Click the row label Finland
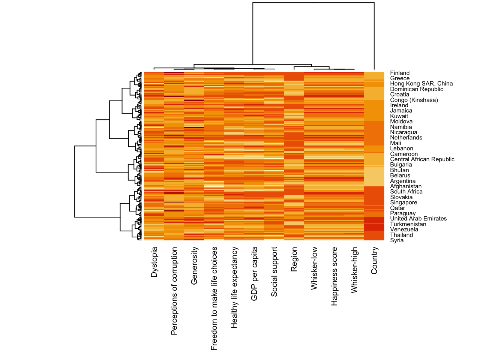pyautogui.click(x=400, y=73)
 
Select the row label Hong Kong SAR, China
pyautogui.click(x=421, y=84)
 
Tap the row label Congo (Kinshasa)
pyautogui.click(x=414, y=100)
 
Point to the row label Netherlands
pyautogui.click(x=406, y=138)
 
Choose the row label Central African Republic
pyautogui.click(x=422, y=159)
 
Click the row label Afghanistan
pyautogui.click(x=406, y=186)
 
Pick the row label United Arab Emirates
pyautogui.click(x=418, y=219)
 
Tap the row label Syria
pyautogui.click(x=397, y=240)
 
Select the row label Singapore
pyautogui.click(x=403, y=202)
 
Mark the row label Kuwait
pyautogui.click(x=399, y=116)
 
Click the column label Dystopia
pyautogui.click(x=154, y=262)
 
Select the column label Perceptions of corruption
pyautogui.click(x=174, y=291)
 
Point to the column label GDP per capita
pyautogui.click(x=254, y=274)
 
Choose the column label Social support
pyautogui.click(x=274, y=272)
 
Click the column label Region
pyautogui.click(x=294, y=259)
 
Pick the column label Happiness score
pyautogui.click(x=334, y=276)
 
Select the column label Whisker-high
pyautogui.click(x=354, y=270)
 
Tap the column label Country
pyautogui.click(x=374, y=260)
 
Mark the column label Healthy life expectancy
pyautogui.click(x=234, y=287)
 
